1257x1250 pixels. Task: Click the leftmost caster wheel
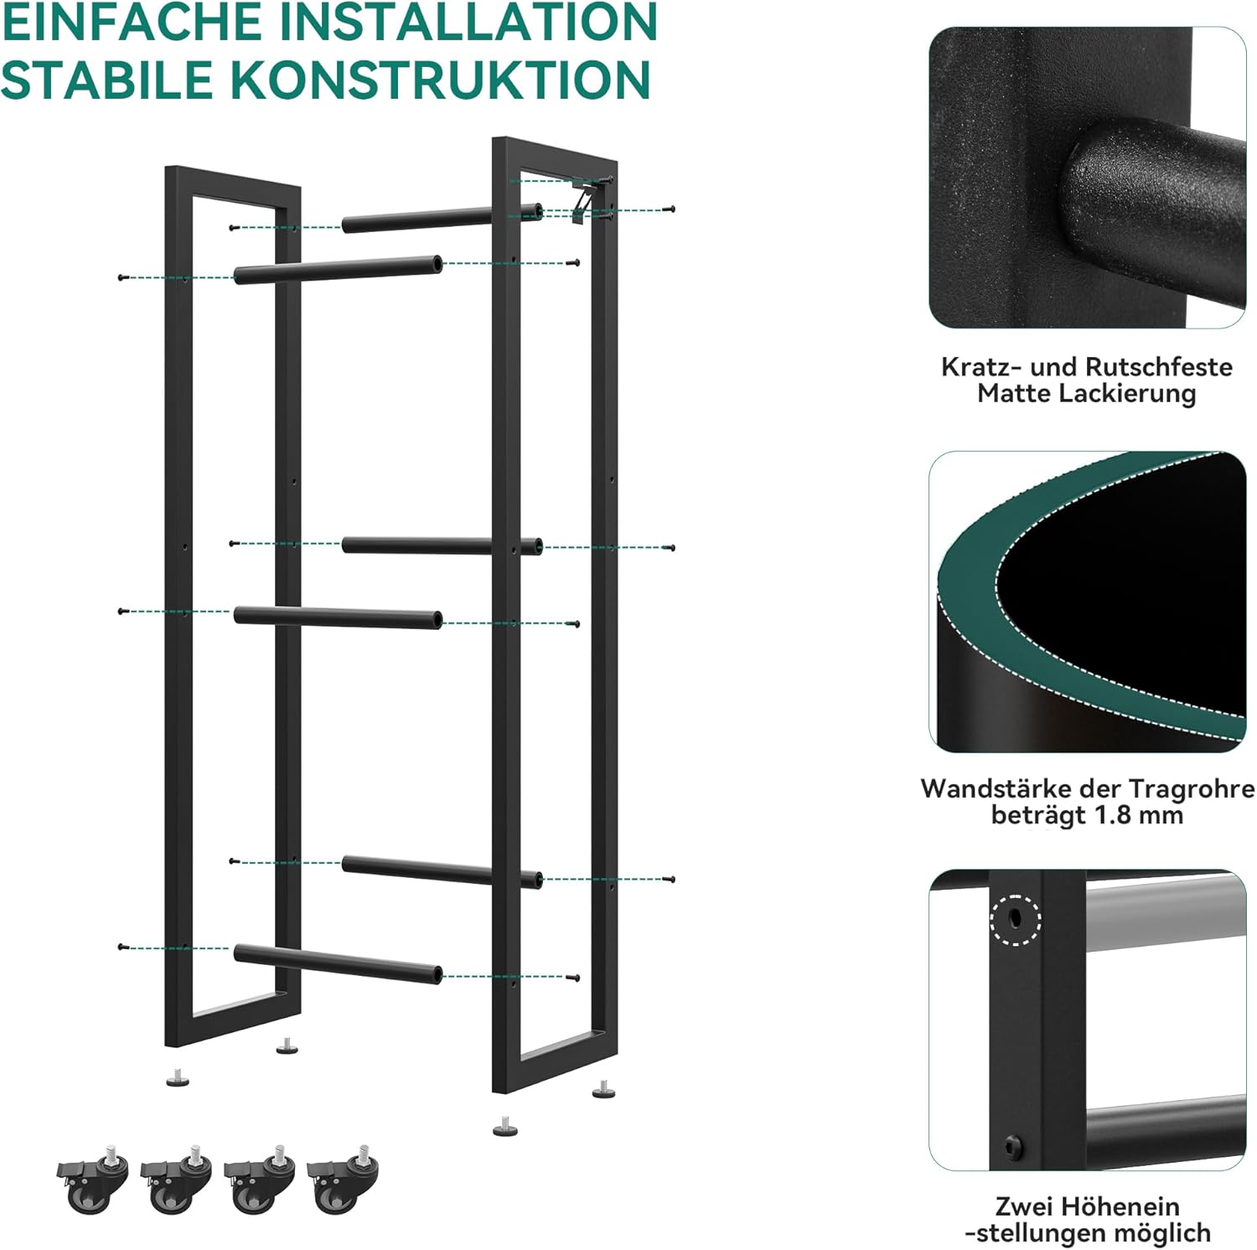pyautogui.click(x=93, y=1177)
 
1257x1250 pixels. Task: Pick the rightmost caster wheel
pyautogui.click(x=343, y=1177)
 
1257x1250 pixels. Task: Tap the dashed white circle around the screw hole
pyautogui.click(x=1015, y=920)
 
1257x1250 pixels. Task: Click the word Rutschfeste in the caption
pyautogui.click(x=1158, y=366)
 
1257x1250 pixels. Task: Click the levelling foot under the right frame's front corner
pyautogui.click(x=504, y=1126)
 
